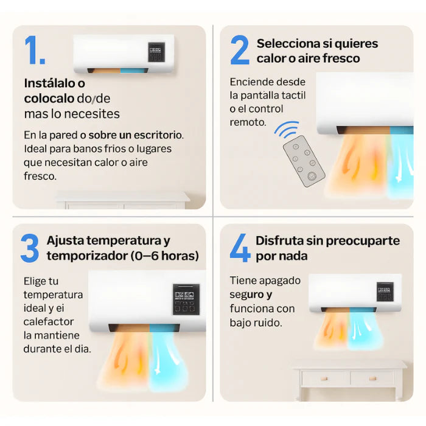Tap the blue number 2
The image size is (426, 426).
(x=240, y=50)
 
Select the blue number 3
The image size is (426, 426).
(x=30, y=248)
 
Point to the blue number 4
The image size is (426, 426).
(x=240, y=248)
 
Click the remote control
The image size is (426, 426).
(x=304, y=161)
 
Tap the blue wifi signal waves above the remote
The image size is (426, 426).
(x=287, y=130)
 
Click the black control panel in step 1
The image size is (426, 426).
(x=156, y=52)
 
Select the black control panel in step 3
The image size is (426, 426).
(x=186, y=299)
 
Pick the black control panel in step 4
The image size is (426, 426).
(x=385, y=292)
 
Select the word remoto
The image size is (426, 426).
(x=248, y=122)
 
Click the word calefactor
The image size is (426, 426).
(x=49, y=322)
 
